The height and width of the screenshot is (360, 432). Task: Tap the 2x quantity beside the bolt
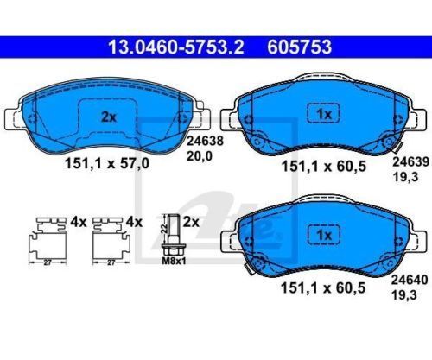192,222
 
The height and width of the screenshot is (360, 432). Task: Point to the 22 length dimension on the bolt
164,230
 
